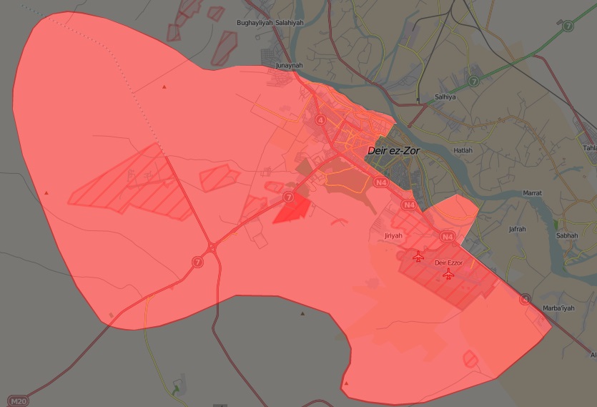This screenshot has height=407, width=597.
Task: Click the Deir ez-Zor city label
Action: tap(394, 152)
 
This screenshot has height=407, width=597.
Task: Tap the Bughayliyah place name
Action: tap(254, 23)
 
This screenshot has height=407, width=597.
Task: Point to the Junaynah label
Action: tap(290, 65)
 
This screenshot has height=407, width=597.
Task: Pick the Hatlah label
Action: tap(463, 151)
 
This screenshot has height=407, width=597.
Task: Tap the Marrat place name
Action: tap(533, 193)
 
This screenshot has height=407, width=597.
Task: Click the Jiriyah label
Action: tap(394, 235)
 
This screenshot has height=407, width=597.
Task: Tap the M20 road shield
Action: tap(17, 401)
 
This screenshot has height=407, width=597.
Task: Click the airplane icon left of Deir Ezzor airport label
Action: tap(418, 257)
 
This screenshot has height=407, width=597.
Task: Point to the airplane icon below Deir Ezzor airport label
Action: tap(449, 274)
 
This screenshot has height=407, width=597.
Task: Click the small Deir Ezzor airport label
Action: tap(449, 263)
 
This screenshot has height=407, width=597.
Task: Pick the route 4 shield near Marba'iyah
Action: tap(526, 299)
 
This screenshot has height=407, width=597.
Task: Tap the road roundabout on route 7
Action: tap(212, 248)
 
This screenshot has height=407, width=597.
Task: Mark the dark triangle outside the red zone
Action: tap(302, 313)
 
